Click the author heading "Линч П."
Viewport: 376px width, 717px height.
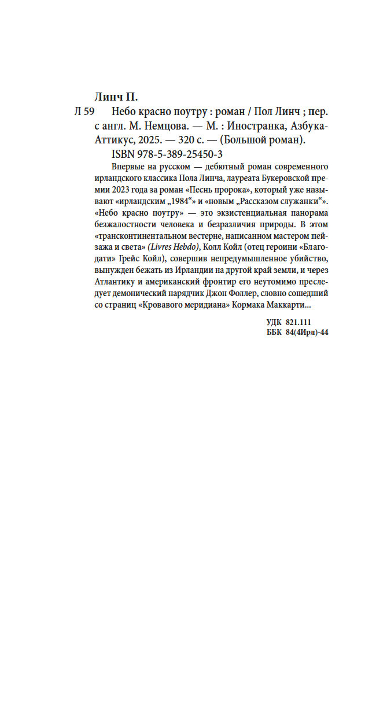click(x=116, y=96)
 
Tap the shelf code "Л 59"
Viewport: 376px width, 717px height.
click(x=84, y=112)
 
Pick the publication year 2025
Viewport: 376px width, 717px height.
click(x=151, y=141)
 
